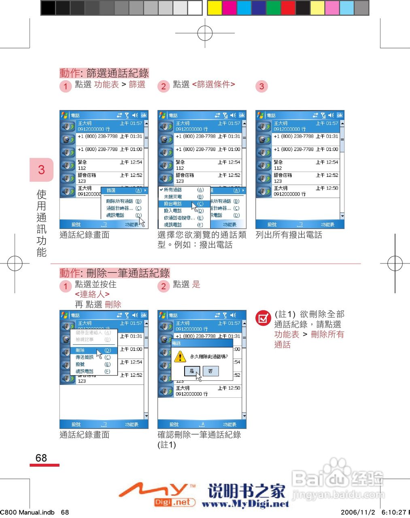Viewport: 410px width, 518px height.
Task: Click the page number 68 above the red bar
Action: coord(41,458)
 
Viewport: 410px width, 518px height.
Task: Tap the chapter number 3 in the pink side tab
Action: coord(41,170)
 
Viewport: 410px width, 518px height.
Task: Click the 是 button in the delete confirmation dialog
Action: coord(192,371)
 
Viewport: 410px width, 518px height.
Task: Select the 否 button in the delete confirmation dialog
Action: coord(210,371)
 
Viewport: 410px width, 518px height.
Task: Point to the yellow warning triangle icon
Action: coord(180,357)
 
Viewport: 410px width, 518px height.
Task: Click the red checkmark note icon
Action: coord(263,318)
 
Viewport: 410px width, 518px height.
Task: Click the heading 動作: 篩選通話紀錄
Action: coord(104,73)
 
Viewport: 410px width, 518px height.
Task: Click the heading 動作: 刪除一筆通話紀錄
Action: coord(115,273)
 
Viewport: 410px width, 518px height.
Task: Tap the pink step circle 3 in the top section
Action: coord(261,86)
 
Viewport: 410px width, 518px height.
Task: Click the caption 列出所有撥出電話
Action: coord(289,235)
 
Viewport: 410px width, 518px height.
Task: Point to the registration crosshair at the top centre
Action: coord(205,33)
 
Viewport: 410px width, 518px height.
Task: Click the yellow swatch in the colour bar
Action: coord(215,8)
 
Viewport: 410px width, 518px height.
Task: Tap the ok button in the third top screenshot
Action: coord(340,115)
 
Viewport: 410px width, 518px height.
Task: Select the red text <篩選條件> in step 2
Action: coord(213,84)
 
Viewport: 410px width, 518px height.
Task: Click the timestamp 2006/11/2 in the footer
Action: coord(358,512)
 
